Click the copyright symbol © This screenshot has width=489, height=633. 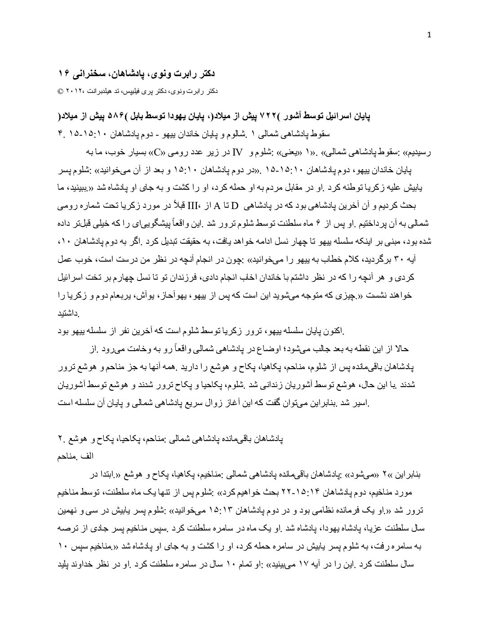click(x=60, y=91)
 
